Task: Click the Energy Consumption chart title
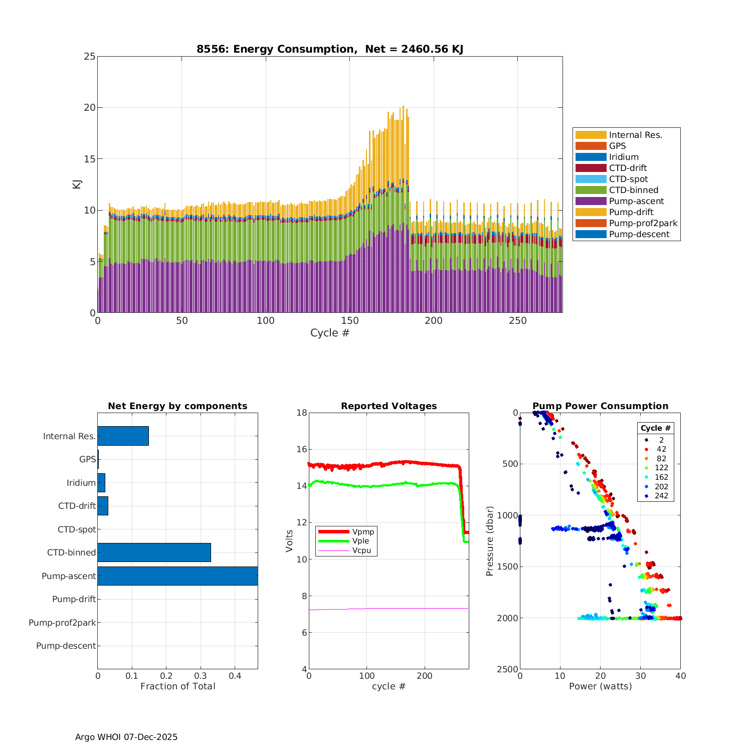[x=329, y=49]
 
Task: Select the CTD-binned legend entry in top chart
[x=633, y=190]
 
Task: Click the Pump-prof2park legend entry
[x=643, y=223]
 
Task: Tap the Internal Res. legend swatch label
[x=635, y=135]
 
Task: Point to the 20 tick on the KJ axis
[x=89, y=108]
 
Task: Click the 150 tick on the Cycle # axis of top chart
[x=350, y=321]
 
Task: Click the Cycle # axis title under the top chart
[x=329, y=333]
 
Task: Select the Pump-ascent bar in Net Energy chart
[x=177, y=576]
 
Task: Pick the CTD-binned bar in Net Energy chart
[x=154, y=552]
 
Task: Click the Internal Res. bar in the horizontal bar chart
[x=123, y=436]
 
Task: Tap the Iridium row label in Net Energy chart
[x=81, y=483]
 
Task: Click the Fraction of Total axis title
[x=177, y=686]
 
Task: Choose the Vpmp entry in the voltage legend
[x=363, y=531]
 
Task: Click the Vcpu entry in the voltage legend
[x=361, y=550]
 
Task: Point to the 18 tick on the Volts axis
[x=301, y=413]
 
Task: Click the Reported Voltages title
[x=389, y=406]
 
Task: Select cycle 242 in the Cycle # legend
[x=661, y=496]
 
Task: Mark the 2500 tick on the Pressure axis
[x=508, y=669]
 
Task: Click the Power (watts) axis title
[x=600, y=686]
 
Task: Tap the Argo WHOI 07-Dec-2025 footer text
[x=126, y=737]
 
